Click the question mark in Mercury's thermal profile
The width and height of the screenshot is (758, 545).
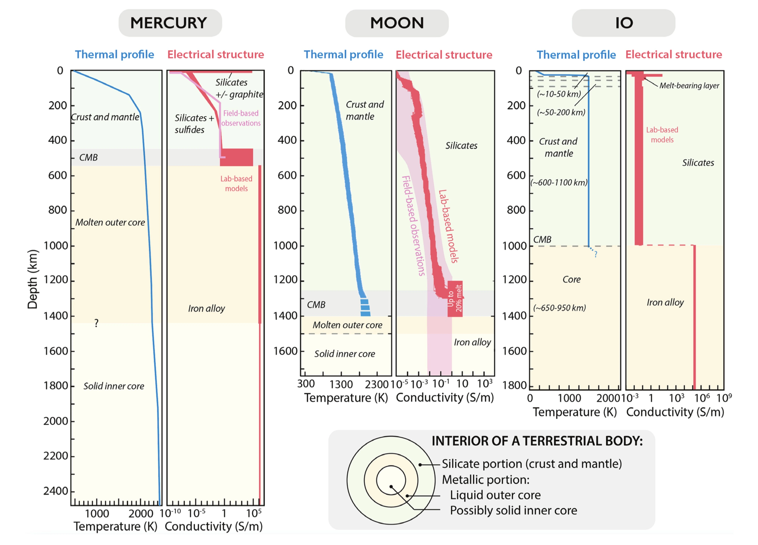click(x=96, y=323)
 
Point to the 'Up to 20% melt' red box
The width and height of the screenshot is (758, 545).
click(x=455, y=299)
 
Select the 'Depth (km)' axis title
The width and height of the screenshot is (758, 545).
click(x=32, y=279)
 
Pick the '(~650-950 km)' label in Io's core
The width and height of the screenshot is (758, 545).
click(x=559, y=308)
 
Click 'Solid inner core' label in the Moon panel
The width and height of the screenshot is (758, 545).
click(x=345, y=354)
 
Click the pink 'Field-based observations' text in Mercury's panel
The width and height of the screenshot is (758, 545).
click(x=241, y=118)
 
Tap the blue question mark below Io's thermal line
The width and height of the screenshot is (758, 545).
click(x=596, y=254)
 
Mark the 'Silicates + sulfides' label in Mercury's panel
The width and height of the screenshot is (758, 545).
click(x=194, y=124)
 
